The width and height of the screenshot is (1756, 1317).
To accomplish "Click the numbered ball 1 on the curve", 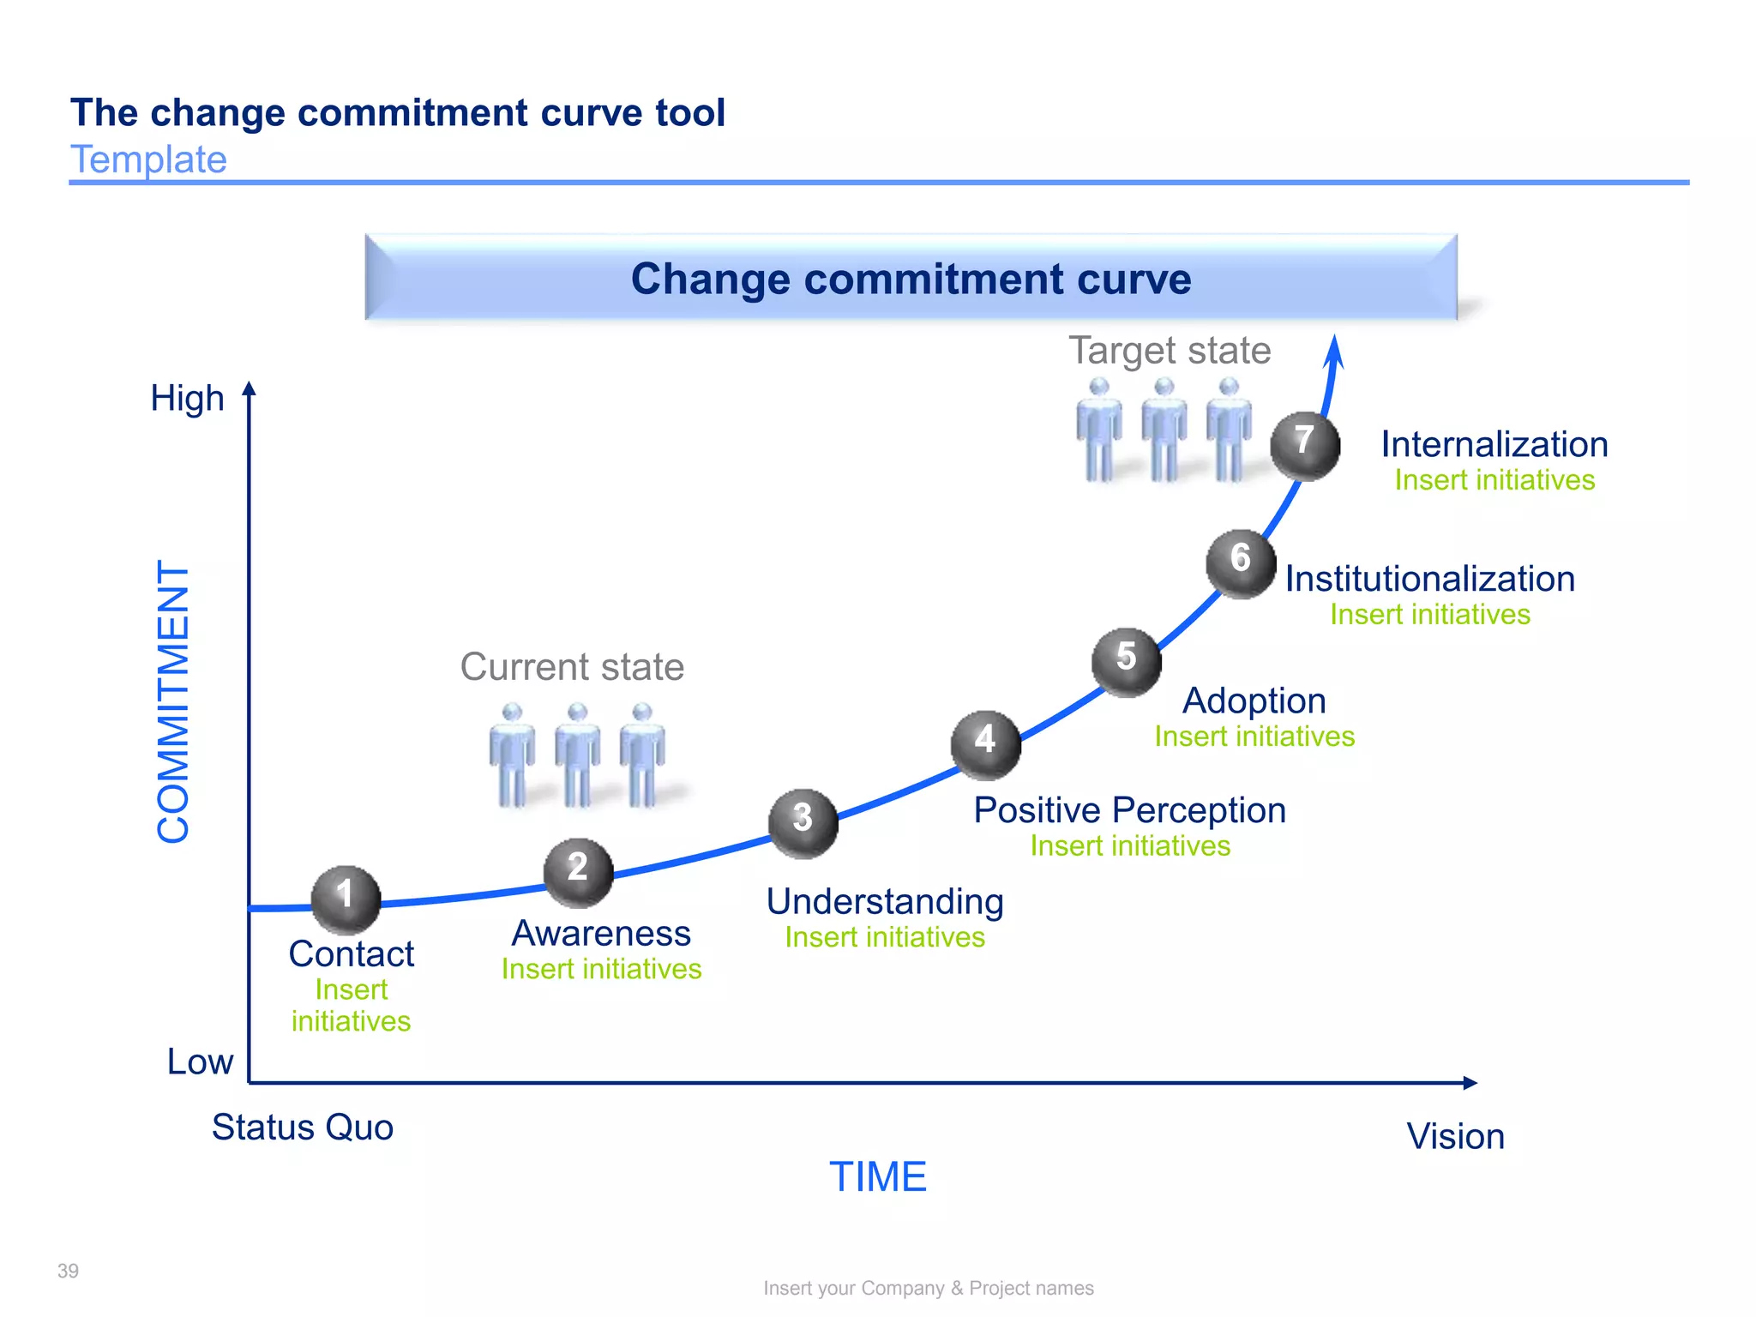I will point(346,899).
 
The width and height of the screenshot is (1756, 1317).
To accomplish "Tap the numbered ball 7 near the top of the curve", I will point(1304,445).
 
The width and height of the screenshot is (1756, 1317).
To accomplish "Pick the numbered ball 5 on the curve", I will point(1126,662).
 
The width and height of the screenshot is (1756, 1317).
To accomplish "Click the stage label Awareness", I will point(601,933).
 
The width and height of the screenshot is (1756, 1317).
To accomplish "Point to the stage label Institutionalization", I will point(1429,579).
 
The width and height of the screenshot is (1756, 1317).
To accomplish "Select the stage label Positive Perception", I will point(1129,810).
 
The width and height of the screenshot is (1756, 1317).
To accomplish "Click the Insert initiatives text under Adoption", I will point(1254,737).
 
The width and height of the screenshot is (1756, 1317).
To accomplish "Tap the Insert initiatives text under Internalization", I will point(1494,480).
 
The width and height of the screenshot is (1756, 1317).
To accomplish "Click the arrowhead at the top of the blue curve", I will point(1334,352).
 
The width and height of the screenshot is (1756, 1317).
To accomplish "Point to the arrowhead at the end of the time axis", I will point(1470,1083).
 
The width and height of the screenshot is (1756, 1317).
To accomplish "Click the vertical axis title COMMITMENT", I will point(173,701).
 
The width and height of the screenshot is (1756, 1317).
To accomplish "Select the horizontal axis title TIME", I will point(877,1176).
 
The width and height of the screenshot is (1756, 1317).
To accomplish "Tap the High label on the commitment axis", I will point(187,399).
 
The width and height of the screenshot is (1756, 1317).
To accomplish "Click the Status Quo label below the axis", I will point(303,1128).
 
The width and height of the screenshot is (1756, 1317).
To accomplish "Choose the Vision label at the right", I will point(1455,1137).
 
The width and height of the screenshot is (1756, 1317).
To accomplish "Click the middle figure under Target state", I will point(1164,429).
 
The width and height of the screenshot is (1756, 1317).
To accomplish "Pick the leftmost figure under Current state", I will point(512,755).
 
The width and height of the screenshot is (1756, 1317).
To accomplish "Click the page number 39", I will point(68,1271).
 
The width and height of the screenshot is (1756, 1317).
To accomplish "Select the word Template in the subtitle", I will point(148,159).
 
